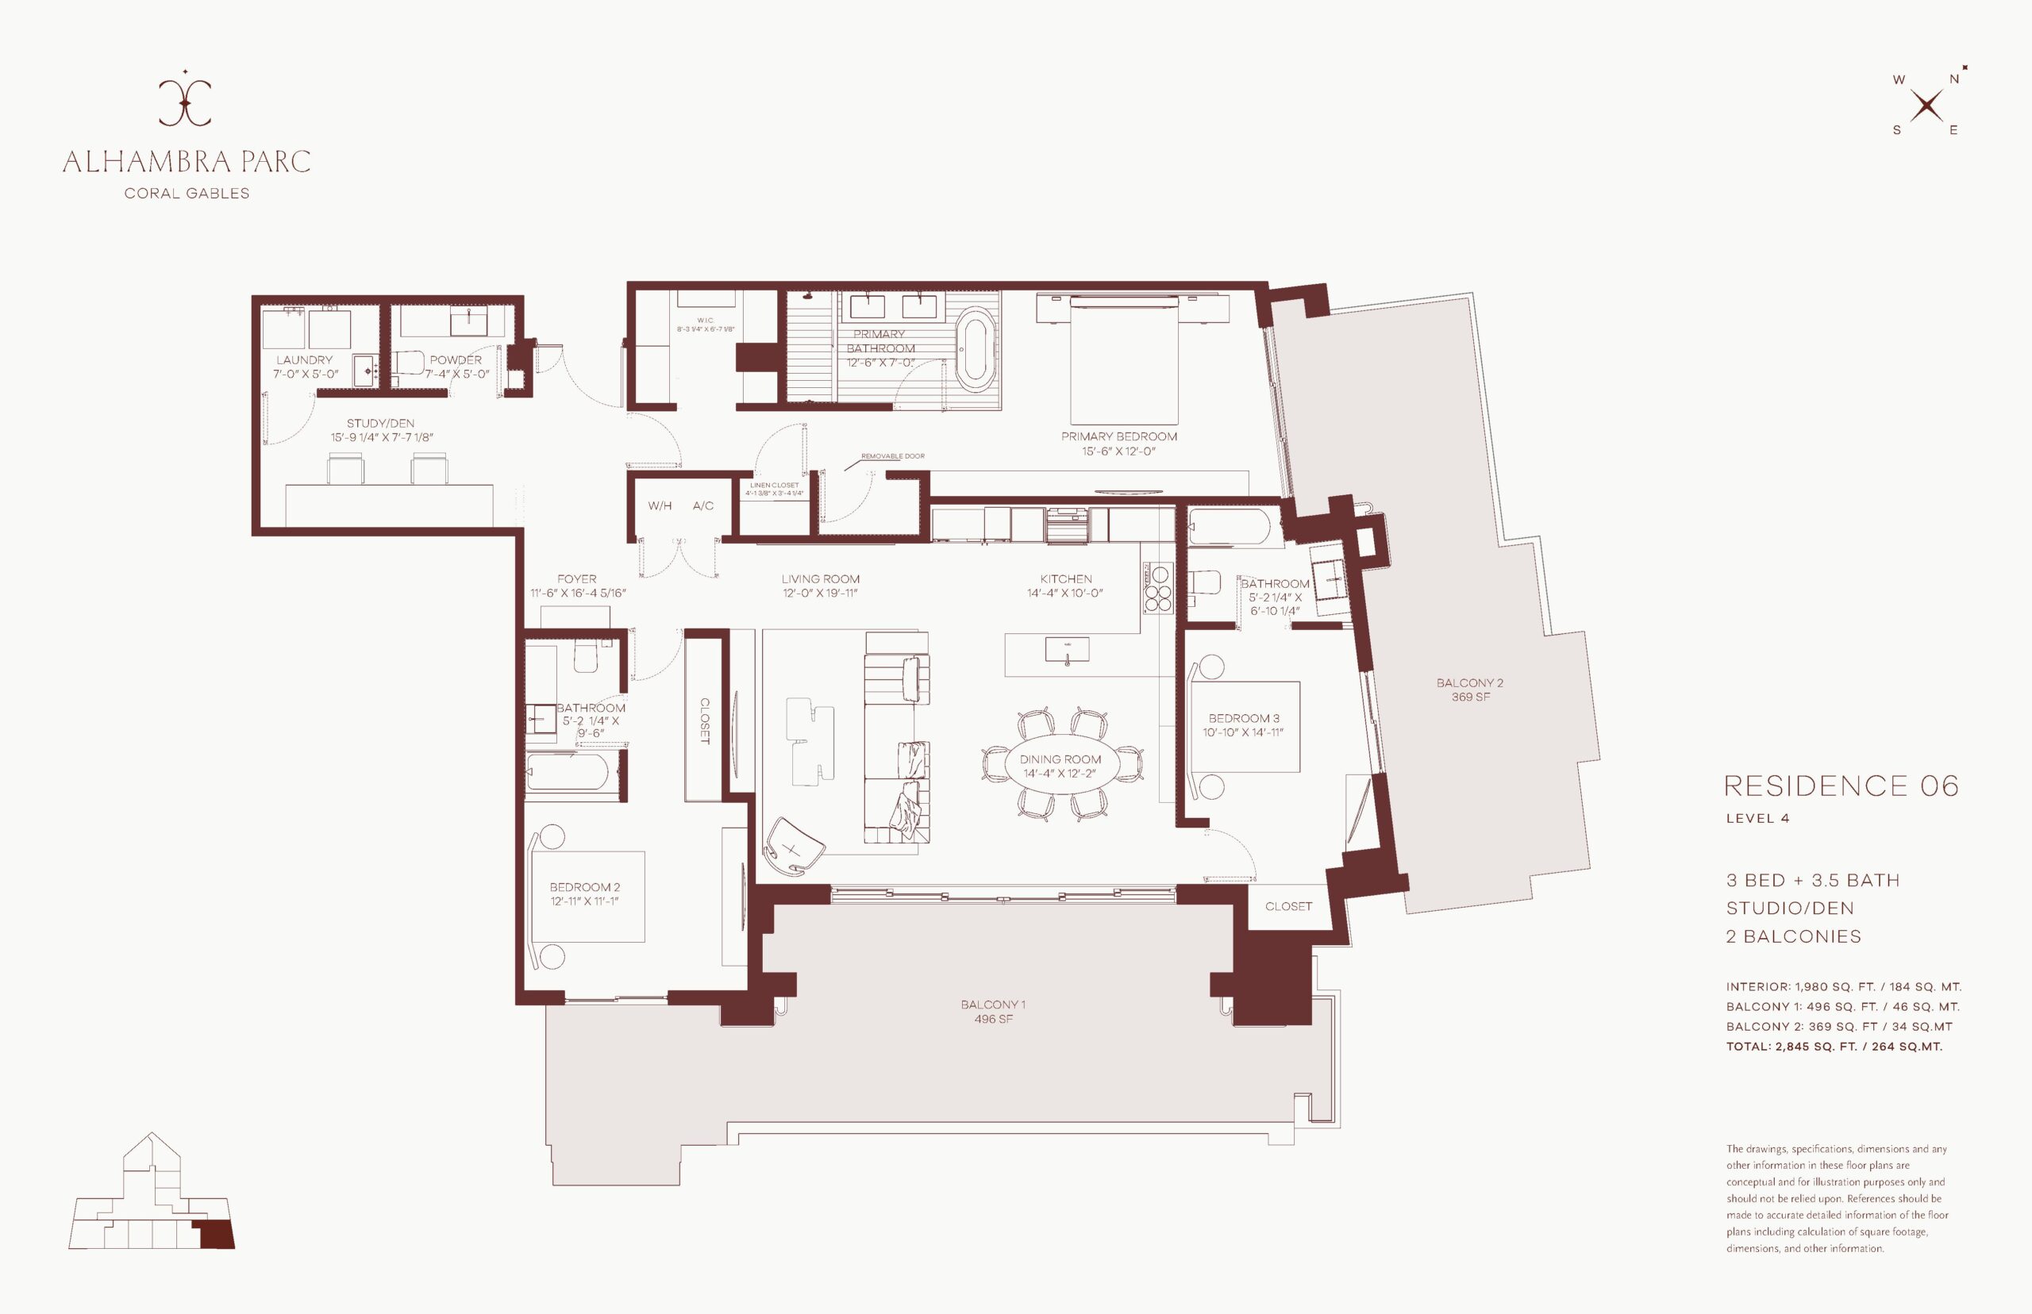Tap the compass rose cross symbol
click(1926, 106)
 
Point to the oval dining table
click(1060, 766)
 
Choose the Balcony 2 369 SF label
click(1469, 690)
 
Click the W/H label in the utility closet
click(660, 506)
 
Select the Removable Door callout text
click(893, 456)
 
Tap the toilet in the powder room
click(410, 364)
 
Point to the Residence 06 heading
click(1841, 786)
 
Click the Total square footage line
click(1834, 1046)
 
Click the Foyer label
click(577, 578)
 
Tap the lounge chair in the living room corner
click(795, 846)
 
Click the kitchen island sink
click(1067, 650)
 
